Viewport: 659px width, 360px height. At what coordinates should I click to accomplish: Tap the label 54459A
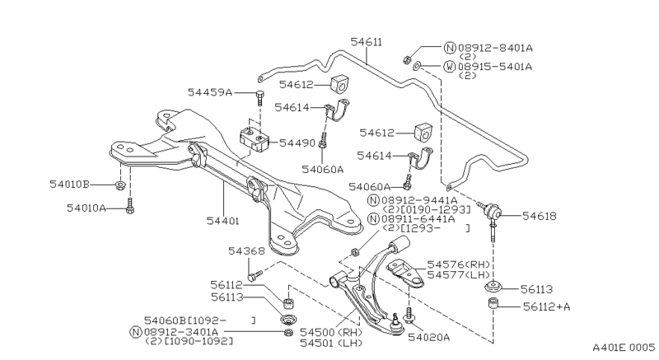(209, 92)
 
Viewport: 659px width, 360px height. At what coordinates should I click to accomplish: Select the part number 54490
(297, 143)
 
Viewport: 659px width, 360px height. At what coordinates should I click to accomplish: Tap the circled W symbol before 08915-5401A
(449, 65)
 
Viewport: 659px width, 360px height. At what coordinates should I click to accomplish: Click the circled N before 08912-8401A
(449, 47)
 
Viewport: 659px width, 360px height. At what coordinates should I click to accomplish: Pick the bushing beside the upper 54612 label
(339, 82)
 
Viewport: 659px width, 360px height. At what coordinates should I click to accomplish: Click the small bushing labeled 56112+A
(495, 306)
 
